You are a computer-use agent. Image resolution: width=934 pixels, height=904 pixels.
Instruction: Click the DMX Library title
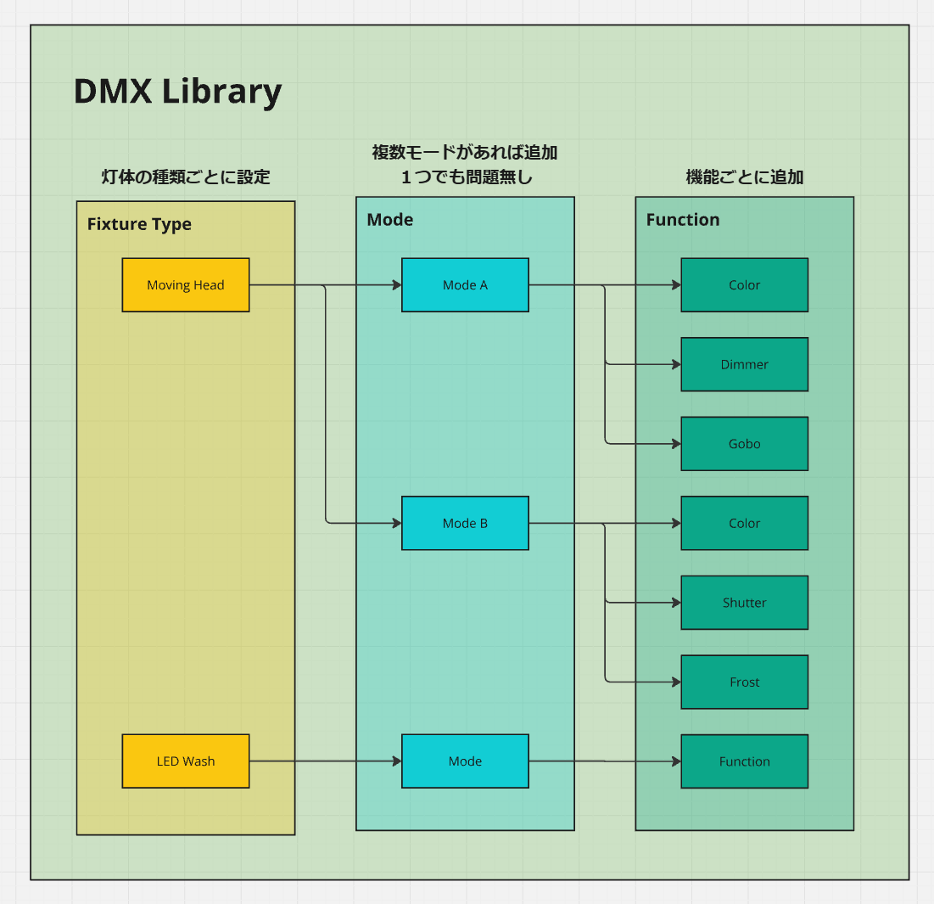(177, 91)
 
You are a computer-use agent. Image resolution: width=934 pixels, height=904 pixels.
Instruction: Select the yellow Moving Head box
(186, 285)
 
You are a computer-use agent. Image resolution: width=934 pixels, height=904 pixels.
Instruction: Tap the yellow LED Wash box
(186, 761)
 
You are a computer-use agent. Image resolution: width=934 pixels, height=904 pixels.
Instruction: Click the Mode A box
(465, 285)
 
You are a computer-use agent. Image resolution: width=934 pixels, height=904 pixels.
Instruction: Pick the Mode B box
(465, 524)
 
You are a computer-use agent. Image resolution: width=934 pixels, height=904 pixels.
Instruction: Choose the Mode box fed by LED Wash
(465, 761)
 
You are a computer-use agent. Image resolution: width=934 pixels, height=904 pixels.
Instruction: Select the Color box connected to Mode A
(744, 285)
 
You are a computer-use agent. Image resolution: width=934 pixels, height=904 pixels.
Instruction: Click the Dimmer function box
(744, 365)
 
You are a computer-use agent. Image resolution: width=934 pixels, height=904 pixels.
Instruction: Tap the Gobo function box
(744, 444)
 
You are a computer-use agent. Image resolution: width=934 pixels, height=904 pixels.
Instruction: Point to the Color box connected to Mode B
(744, 524)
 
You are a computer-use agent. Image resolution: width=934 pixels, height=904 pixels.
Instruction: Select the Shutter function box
(744, 603)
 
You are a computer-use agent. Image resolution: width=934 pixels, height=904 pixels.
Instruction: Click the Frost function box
(744, 682)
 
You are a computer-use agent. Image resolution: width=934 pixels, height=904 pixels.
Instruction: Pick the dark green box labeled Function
(744, 761)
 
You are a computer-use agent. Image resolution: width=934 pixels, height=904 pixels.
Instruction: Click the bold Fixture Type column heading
(139, 224)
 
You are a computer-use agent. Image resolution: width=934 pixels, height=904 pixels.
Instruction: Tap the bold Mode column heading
(389, 220)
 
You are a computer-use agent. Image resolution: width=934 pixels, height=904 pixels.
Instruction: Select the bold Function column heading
(682, 220)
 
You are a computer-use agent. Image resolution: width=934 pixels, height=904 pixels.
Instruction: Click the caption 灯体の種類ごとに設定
(185, 177)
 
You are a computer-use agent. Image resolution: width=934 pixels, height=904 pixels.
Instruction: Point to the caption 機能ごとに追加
(744, 177)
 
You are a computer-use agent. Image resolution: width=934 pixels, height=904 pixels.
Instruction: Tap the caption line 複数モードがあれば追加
(465, 153)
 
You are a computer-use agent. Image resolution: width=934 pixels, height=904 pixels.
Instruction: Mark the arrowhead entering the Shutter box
(676, 603)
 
